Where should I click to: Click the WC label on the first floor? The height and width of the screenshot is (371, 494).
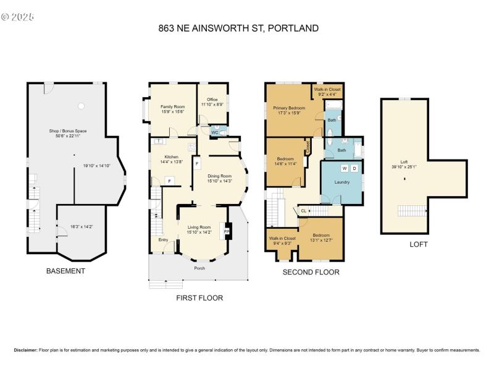tap(214, 132)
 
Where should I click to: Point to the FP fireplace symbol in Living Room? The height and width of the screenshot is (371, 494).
tap(227, 231)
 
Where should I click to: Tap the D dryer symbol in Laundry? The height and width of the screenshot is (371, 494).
tap(354, 168)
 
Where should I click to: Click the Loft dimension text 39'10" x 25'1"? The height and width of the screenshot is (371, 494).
tap(404, 166)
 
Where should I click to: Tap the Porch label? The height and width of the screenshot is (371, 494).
tap(199, 268)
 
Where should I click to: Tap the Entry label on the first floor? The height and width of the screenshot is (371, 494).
tap(163, 240)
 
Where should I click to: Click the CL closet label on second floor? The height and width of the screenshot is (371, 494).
tap(303, 211)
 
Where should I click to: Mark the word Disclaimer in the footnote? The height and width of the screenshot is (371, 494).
tap(24, 350)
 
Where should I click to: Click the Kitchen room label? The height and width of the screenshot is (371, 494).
tap(171, 157)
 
